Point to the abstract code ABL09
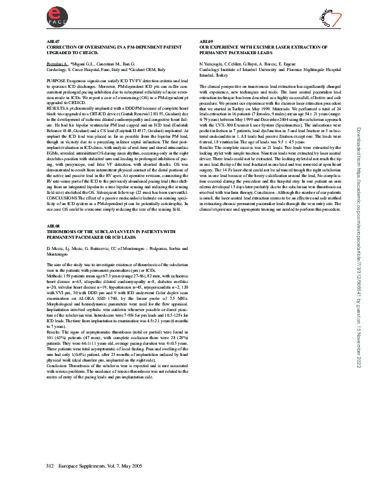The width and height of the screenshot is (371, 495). tap(205, 41)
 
